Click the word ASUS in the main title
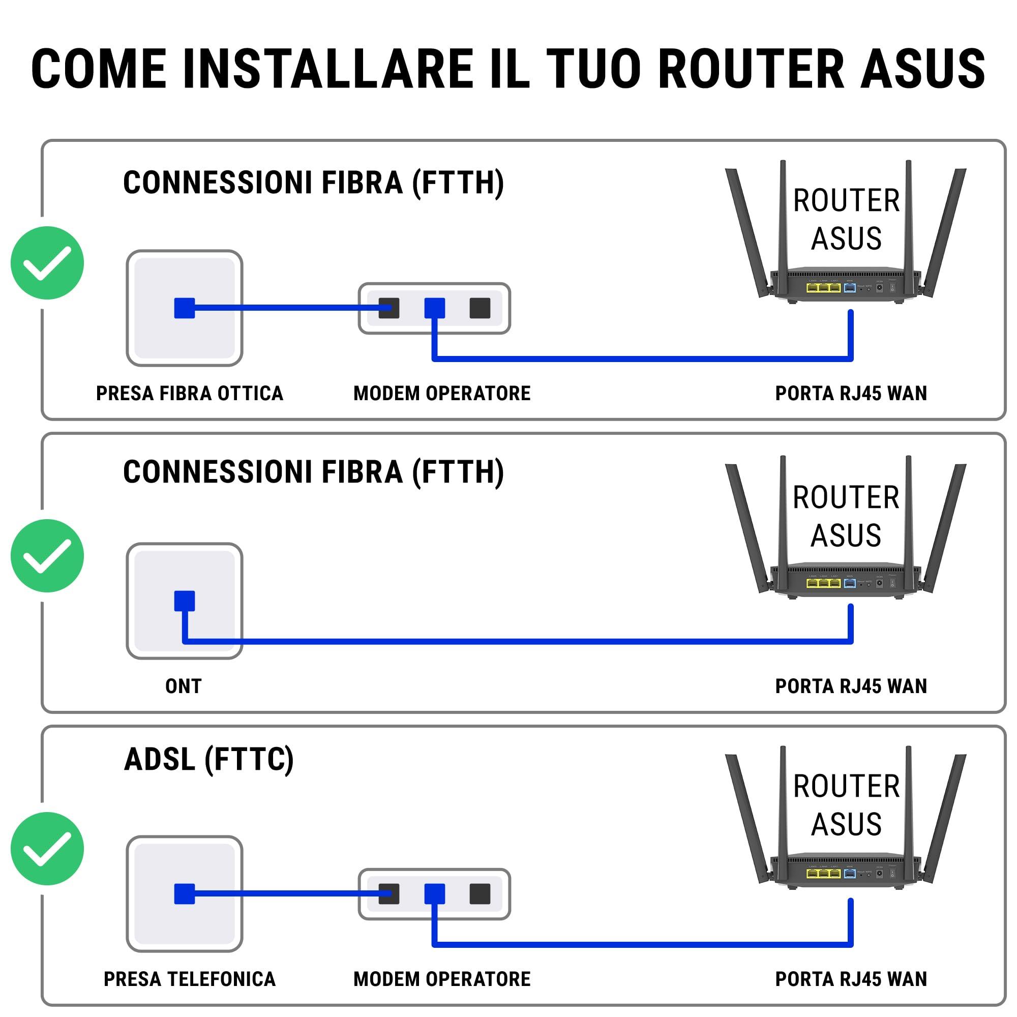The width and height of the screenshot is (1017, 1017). (922, 69)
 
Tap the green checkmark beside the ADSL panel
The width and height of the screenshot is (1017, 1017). (47, 848)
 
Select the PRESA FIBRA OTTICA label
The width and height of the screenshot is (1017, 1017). (190, 393)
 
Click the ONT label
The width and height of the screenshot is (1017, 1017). (183, 686)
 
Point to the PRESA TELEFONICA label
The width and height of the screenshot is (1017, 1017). (190, 978)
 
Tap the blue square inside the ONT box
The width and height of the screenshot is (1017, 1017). (184, 601)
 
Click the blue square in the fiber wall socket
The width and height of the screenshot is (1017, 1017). (184, 308)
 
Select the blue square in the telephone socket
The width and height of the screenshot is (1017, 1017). (184, 893)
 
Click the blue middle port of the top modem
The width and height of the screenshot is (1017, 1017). (434, 308)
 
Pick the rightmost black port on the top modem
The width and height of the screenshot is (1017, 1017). (480, 308)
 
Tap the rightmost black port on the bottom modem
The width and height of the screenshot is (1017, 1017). (480, 893)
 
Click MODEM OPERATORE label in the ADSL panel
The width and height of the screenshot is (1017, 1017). (442, 978)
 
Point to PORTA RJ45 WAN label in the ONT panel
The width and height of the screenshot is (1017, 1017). (851, 686)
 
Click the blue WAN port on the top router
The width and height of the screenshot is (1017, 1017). (849, 287)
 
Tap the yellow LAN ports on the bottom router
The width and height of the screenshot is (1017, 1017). (823, 874)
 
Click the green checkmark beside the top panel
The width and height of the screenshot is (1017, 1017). (47, 263)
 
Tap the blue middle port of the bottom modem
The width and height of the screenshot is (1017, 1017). (434, 893)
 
